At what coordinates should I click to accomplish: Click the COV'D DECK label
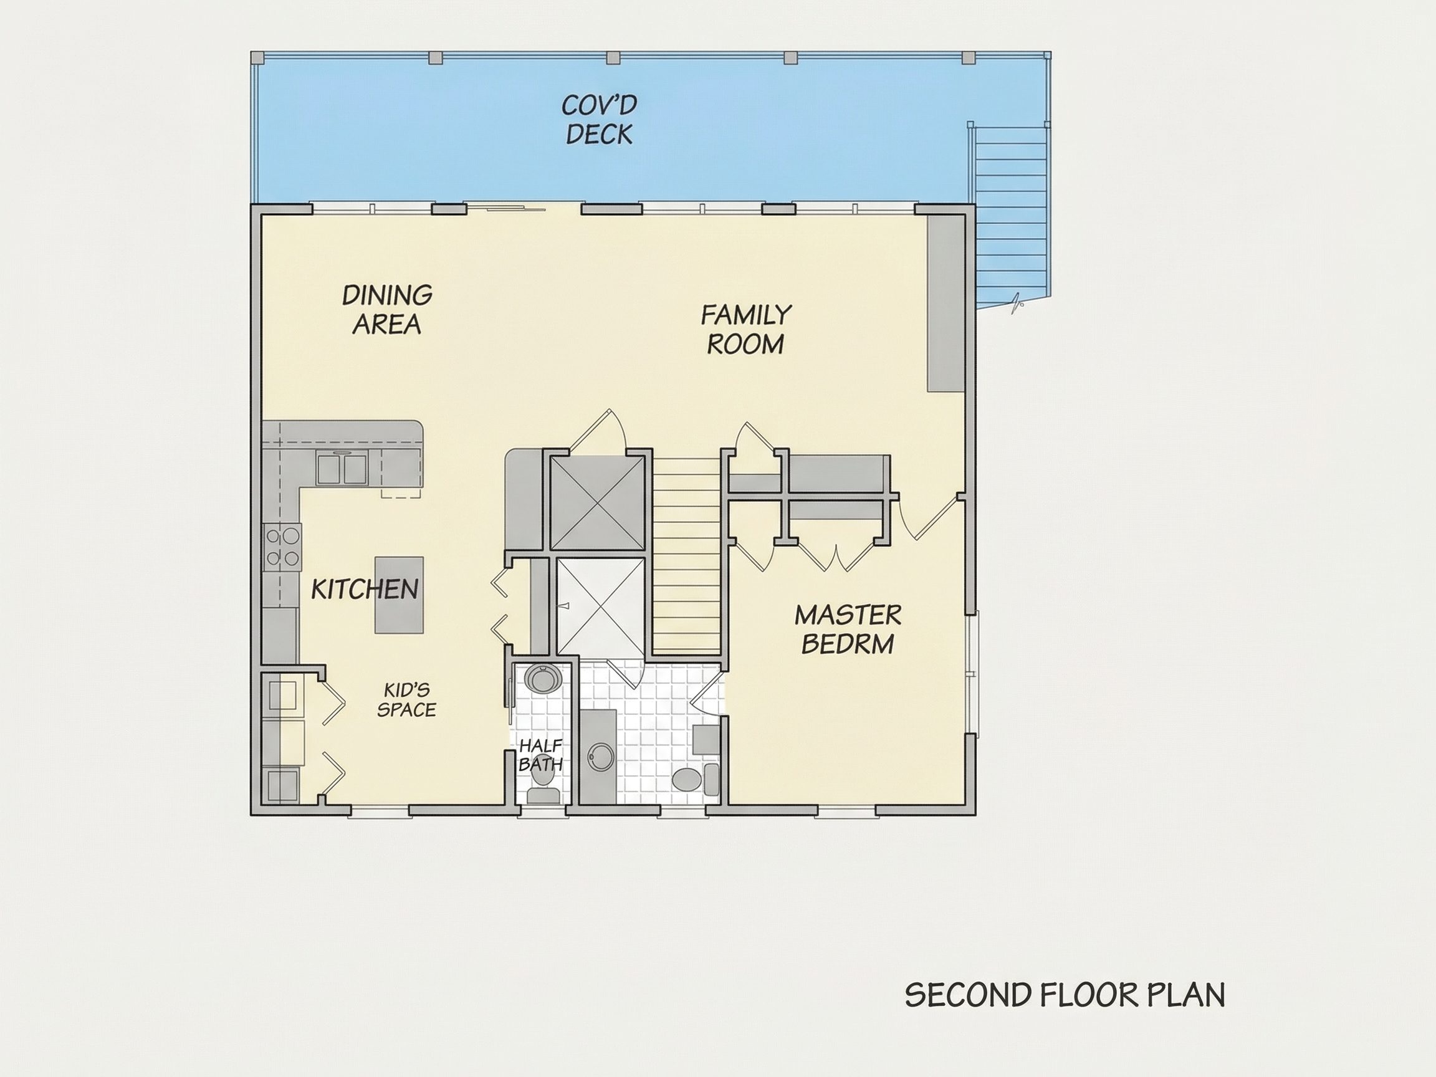pyautogui.click(x=598, y=120)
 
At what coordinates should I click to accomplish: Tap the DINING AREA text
pyautogui.click(x=387, y=310)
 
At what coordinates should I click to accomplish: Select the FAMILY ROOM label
pyautogui.click(x=746, y=330)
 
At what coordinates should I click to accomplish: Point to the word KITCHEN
pyautogui.click(x=365, y=590)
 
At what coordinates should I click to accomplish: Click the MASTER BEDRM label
pyautogui.click(x=848, y=629)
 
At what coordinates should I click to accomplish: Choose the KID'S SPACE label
pyautogui.click(x=406, y=700)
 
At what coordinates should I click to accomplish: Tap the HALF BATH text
pyautogui.click(x=540, y=755)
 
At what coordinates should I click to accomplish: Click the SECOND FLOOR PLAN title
pyautogui.click(x=1065, y=995)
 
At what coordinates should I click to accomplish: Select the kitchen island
pyautogui.click(x=399, y=595)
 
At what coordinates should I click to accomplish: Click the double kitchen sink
pyautogui.click(x=342, y=469)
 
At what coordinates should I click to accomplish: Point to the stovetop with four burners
pyautogui.click(x=284, y=547)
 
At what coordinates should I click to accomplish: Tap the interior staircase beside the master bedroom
pyautogui.click(x=687, y=556)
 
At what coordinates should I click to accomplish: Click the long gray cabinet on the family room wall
pyautogui.click(x=945, y=303)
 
